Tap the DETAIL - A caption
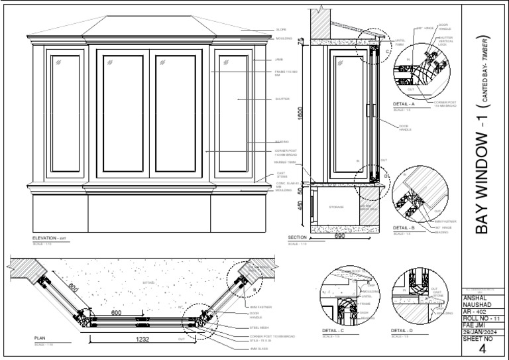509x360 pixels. click(404, 104)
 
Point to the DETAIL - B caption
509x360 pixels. click(404, 228)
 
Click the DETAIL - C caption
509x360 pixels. click(333, 330)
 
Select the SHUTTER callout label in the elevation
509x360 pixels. click(282, 99)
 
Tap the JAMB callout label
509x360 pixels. click(279, 60)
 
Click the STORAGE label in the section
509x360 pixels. click(337, 207)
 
